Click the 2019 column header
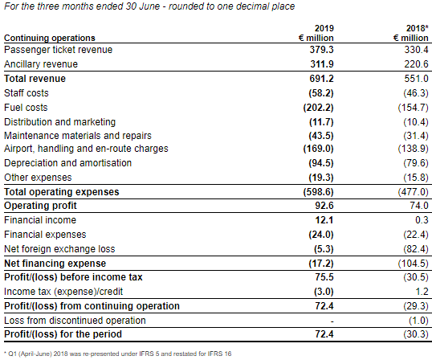[324, 28]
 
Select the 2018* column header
[417, 28]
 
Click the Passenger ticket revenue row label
[58, 50]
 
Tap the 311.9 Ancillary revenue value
[322, 64]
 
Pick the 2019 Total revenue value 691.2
[321, 79]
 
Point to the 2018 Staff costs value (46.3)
[416, 93]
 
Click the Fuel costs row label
[26, 108]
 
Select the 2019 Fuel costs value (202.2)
[318, 108]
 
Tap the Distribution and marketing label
[59, 122]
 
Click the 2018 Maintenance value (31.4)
[416, 136]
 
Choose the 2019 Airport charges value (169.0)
[318, 149]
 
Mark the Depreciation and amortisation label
[67, 163]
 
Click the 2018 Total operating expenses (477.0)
[414, 192]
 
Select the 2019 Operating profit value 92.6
[324, 206]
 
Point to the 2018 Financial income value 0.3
[422, 220]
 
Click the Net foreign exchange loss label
[59, 249]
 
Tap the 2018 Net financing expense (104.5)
[414, 264]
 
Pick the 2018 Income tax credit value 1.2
[422, 292]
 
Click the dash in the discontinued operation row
[332, 321]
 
